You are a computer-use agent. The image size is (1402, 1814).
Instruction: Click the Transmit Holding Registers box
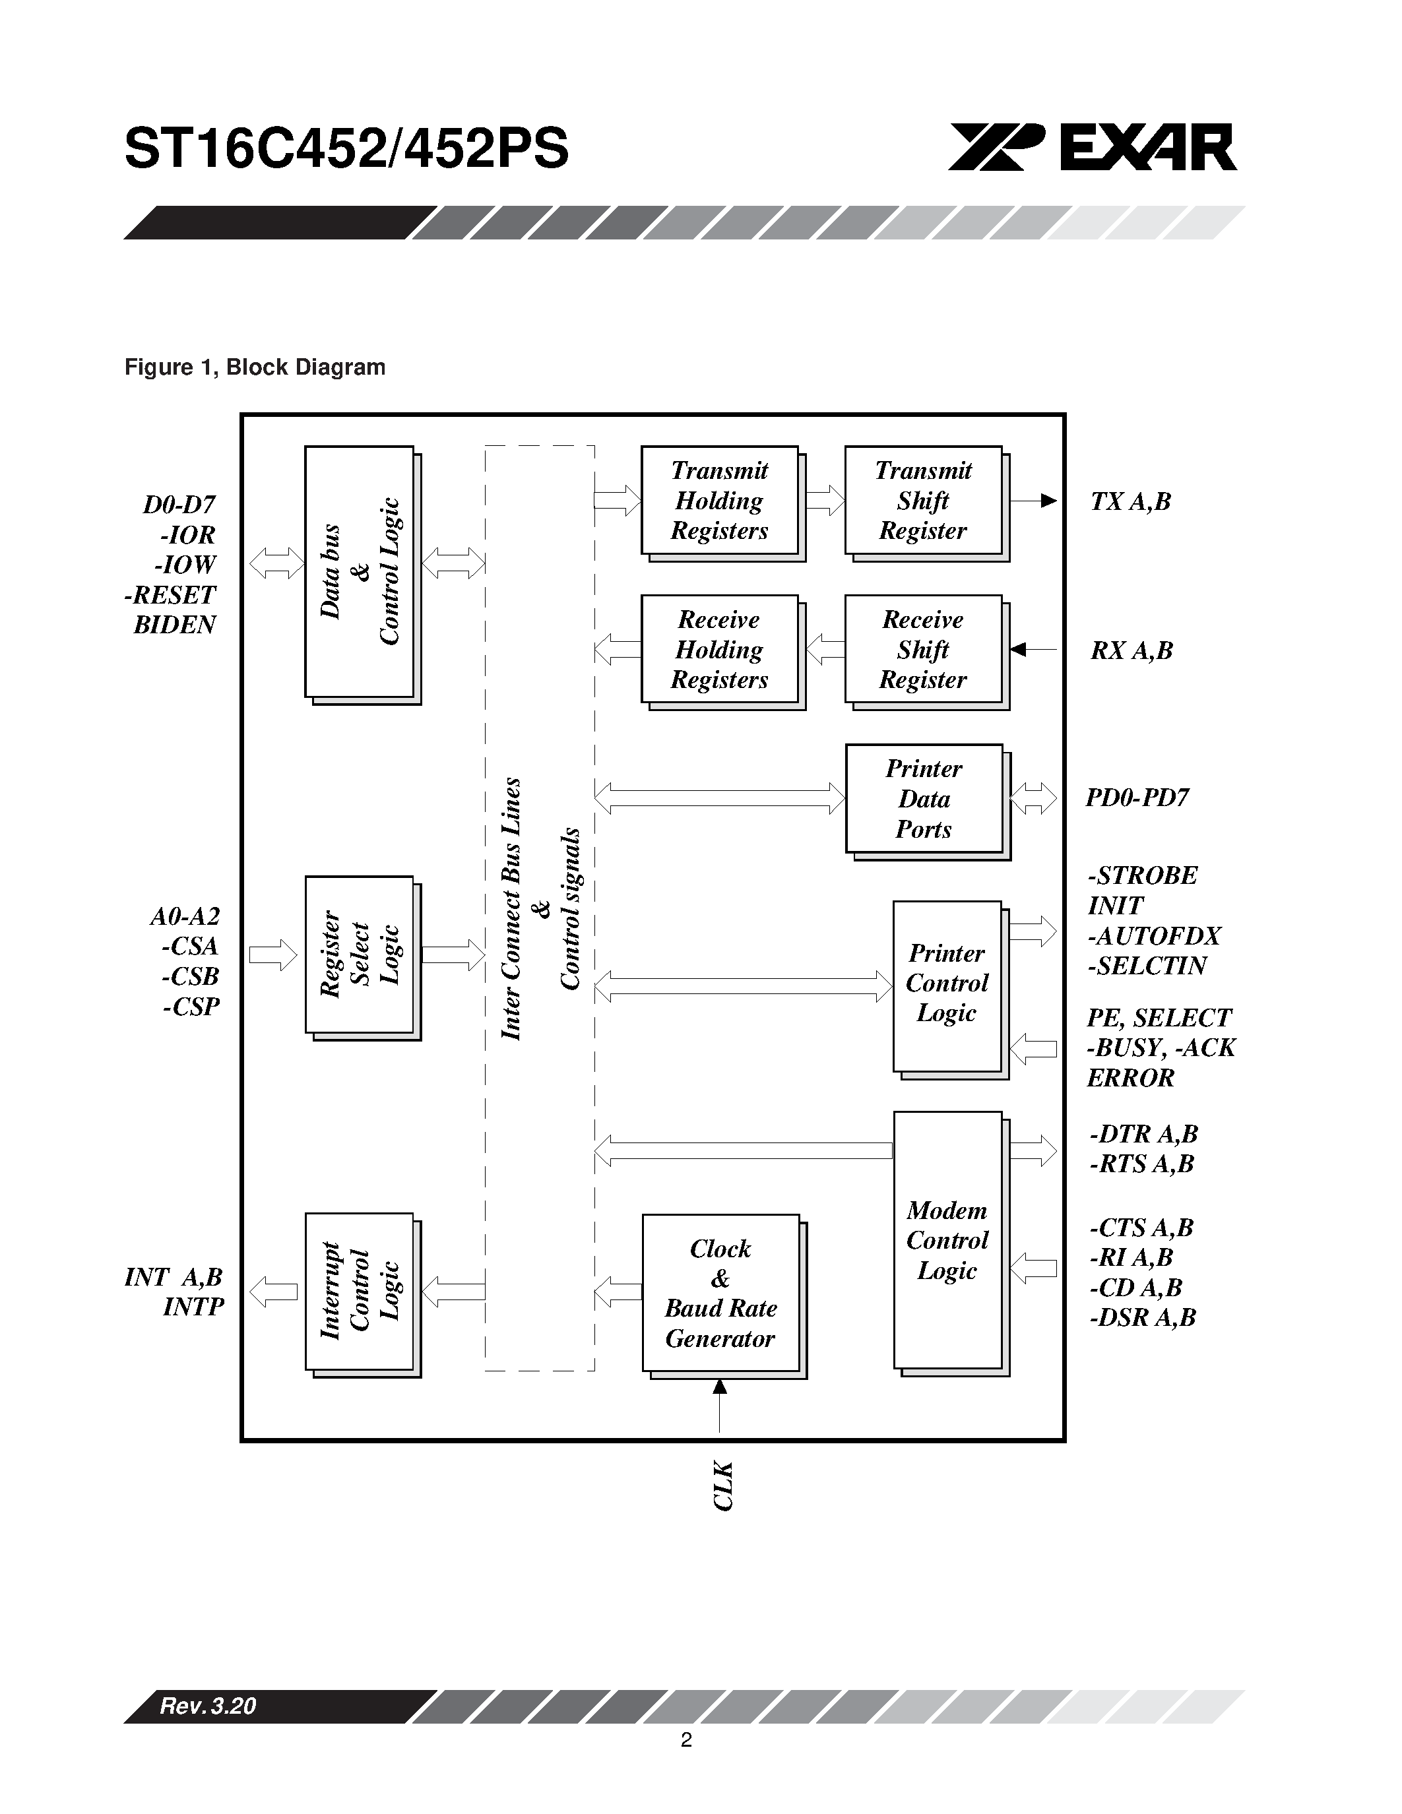pyautogui.click(x=719, y=501)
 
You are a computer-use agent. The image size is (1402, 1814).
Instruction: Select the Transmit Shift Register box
pyautogui.click(x=923, y=501)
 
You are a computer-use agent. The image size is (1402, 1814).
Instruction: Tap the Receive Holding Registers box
pyautogui.click(x=719, y=650)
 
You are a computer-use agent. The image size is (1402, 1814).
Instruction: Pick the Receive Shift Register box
pyautogui.click(x=923, y=650)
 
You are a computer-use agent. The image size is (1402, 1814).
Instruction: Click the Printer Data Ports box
pyautogui.click(x=924, y=798)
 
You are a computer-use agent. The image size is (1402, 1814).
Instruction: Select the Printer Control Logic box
pyautogui.click(x=947, y=984)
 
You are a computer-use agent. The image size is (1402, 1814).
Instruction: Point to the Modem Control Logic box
pyautogui.click(x=947, y=1239)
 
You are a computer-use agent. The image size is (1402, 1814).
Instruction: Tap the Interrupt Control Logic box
pyautogui.click(x=359, y=1291)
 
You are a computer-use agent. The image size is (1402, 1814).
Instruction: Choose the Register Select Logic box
pyautogui.click(x=359, y=954)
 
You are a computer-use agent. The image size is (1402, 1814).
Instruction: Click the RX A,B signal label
pyautogui.click(x=1131, y=650)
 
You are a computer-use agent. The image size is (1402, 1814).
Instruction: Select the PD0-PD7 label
pyautogui.click(x=1137, y=798)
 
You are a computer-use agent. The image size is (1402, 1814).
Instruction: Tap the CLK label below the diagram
pyautogui.click(x=722, y=1486)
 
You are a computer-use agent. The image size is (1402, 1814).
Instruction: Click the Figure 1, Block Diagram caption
pyautogui.click(x=255, y=367)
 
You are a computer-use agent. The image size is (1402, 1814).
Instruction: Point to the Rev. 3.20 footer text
pyautogui.click(x=208, y=1706)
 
